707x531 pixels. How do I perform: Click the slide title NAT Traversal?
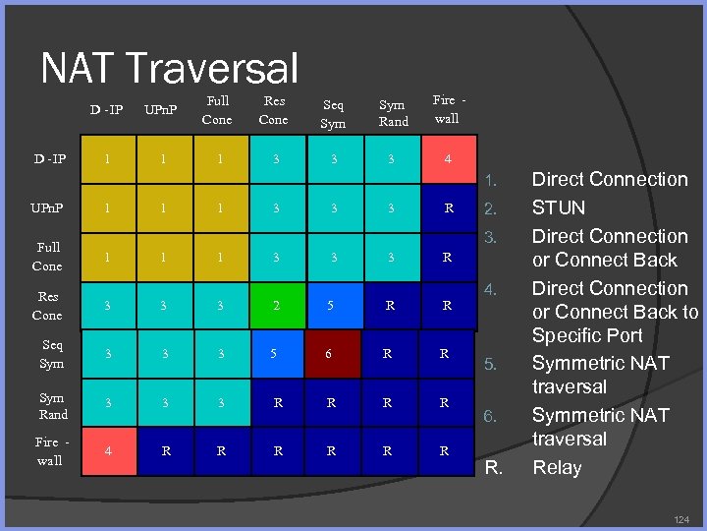pyautogui.click(x=169, y=68)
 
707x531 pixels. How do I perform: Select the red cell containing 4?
pyautogui.click(x=448, y=157)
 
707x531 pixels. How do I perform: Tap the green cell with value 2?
pyautogui.click(x=276, y=306)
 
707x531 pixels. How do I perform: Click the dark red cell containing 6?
pyautogui.click(x=333, y=354)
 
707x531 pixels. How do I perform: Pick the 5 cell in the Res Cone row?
pyautogui.click(x=332, y=306)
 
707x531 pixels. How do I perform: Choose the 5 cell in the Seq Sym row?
pyautogui.click(x=276, y=354)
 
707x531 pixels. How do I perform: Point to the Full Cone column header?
pyautogui.click(x=216, y=110)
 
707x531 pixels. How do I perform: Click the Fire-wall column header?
pyautogui.click(x=447, y=108)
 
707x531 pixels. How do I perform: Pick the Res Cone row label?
pyautogui.click(x=47, y=306)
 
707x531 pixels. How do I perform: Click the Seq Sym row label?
pyautogui.click(x=51, y=354)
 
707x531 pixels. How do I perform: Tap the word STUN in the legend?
pyautogui.click(x=558, y=207)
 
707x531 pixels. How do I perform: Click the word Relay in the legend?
pyautogui.click(x=557, y=467)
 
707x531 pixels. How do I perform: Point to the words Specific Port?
pyautogui.click(x=587, y=335)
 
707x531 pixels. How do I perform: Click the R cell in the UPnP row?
pyautogui.click(x=448, y=208)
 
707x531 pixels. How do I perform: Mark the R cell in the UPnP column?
pyautogui.click(x=165, y=451)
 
